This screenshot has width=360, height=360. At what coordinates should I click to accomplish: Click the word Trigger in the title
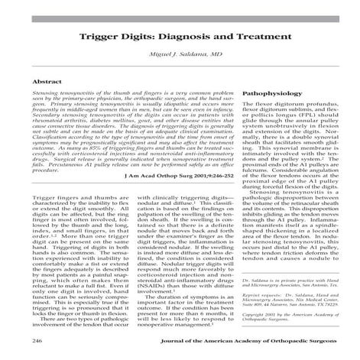coord(99,37)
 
